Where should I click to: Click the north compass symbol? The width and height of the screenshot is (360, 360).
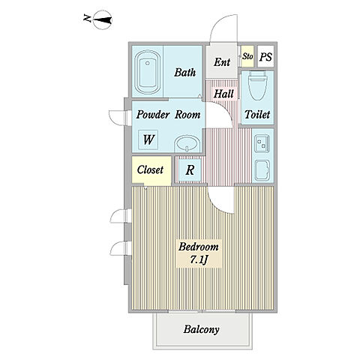[102, 20]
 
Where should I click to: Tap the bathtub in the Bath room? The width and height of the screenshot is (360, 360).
[148, 73]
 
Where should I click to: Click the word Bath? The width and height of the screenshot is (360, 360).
[184, 73]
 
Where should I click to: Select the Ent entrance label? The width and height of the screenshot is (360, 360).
[222, 61]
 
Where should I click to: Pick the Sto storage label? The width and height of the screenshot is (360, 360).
[247, 56]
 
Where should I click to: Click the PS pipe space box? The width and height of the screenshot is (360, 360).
[265, 57]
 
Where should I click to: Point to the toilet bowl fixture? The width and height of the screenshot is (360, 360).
[258, 85]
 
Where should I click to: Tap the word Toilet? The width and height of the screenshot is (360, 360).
[257, 115]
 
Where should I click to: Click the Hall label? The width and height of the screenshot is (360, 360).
[223, 94]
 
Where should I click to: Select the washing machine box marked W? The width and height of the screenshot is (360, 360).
[148, 139]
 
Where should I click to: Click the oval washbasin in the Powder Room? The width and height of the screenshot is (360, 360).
[187, 144]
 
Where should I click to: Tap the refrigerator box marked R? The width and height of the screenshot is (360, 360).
[190, 170]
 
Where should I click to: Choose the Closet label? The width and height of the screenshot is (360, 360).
[150, 169]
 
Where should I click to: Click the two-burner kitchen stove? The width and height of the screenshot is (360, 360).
[262, 143]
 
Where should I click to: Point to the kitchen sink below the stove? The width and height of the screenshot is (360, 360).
[262, 170]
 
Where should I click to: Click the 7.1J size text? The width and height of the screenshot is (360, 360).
[199, 260]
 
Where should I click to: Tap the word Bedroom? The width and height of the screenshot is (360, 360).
[199, 247]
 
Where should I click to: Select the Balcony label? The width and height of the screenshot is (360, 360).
[201, 329]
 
